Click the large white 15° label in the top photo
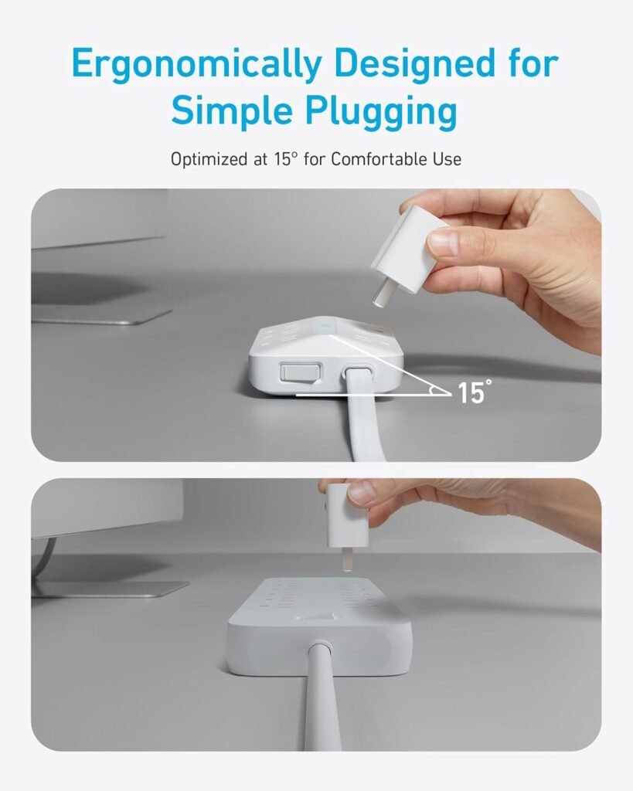pyautogui.click(x=471, y=392)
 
